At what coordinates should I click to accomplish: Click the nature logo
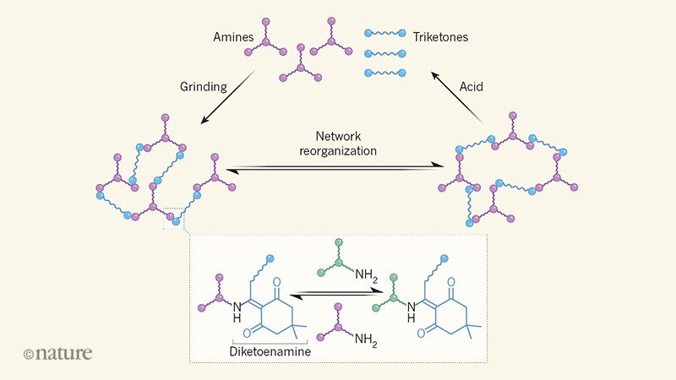(57, 354)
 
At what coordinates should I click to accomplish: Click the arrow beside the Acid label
(456, 98)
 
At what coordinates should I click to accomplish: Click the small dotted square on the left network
(173, 219)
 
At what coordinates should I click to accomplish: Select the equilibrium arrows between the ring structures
(336, 296)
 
